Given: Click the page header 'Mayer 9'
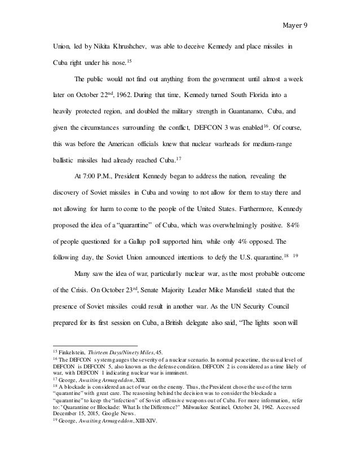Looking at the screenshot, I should click(x=294, y=25).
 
